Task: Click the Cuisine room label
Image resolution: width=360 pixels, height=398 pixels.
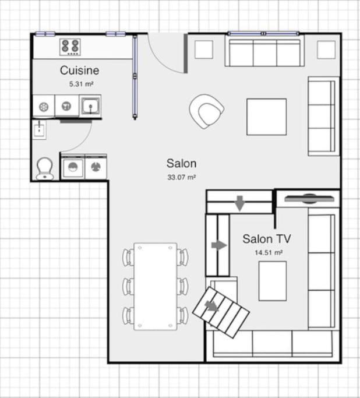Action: click(x=80, y=71)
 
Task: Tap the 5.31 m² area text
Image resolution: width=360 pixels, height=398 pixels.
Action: click(x=82, y=84)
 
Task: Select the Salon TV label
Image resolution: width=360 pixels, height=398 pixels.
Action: click(x=267, y=238)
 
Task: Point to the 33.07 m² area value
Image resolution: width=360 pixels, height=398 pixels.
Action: click(x=182, y=177)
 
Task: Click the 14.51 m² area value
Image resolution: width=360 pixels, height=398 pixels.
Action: click(x=269, y=253)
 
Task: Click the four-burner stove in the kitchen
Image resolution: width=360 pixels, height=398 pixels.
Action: click(x=70, y=45)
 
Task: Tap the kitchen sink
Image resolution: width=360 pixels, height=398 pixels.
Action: click(x=90, y=106)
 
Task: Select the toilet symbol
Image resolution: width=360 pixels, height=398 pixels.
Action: click(x=44, y=168)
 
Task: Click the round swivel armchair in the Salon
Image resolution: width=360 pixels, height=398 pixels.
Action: click(x=207, y=111)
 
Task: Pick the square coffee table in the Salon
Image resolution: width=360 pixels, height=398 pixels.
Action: click(x=266, y=117)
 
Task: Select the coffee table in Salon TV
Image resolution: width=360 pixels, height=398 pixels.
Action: click(x=272, y=280)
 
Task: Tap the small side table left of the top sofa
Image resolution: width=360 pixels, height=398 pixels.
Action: click(x=204, y=50)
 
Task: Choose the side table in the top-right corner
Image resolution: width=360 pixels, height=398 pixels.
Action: click(x=326, y=50)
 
